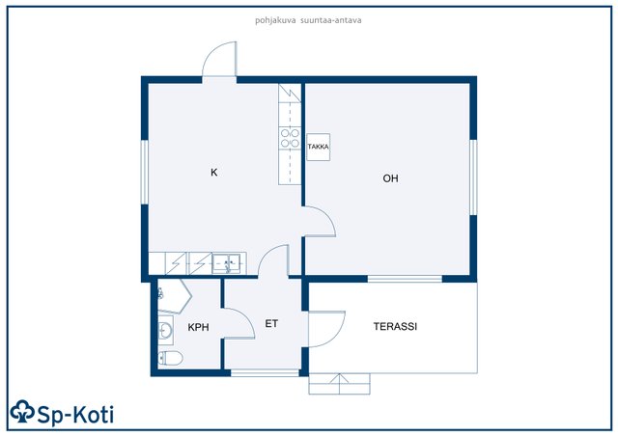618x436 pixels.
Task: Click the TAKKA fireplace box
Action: tap(318, 147)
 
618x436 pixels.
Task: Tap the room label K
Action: tap(214, 173)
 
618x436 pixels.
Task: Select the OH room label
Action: tap(390, 178)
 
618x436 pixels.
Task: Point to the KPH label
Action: tap(198, 327)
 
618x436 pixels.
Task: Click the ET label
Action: tap(271, 324)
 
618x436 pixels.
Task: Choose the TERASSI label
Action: tap(395, 326)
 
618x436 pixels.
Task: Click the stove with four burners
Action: tap(290, 138)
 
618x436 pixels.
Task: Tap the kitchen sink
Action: tap(226, 263)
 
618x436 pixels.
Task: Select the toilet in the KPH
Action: tap(170, 359)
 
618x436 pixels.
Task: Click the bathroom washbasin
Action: tap(165, 330)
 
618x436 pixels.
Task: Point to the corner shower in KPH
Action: tap(174, 295)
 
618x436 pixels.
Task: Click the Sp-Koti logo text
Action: tap(75, 415)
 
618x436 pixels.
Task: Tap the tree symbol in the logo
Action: tap(22, 412)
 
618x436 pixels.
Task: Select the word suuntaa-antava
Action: tap(330, 20)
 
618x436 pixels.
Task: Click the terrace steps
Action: tap(339, 384)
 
